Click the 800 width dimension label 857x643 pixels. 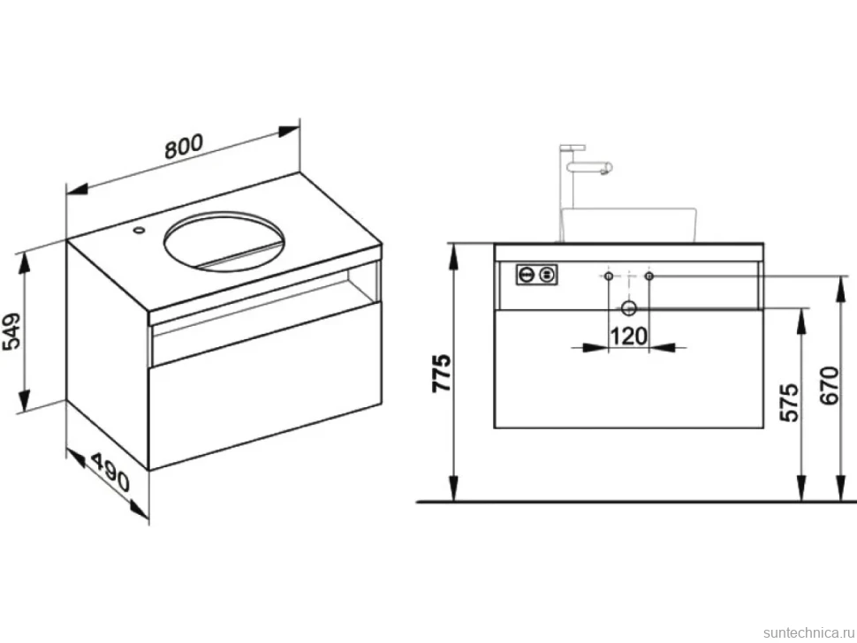[184, 146]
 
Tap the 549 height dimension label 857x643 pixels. [11, 330]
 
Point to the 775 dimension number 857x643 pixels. [442, 373]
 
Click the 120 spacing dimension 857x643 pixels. [628, 336]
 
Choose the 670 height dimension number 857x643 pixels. [829, 385]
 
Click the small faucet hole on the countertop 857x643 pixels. [140, 231]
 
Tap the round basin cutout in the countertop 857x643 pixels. [224, 241]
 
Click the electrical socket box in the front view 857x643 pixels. [536, 274]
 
